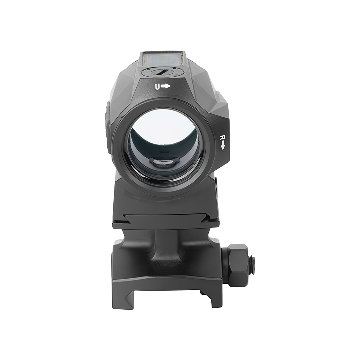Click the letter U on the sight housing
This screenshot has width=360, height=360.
click(x=158, y=86)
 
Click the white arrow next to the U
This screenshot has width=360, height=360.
click(x=166, y=86)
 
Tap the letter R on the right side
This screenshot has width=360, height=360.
click(x=222, y=138)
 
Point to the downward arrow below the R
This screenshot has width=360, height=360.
click(x=222, y=145)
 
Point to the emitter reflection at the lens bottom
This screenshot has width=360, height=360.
click(x=164, y=163)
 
